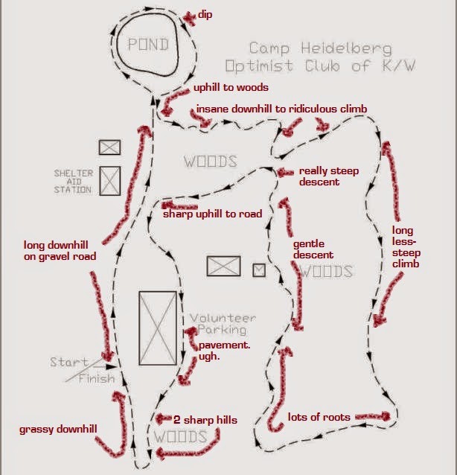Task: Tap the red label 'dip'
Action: pos(205,13)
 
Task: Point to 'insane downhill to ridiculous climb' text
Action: pos(281,109)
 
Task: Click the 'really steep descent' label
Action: pos(328,176)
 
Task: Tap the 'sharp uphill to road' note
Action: pos(212,214)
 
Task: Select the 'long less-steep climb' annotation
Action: pos(406,247)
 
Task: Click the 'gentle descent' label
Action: pos(313,249)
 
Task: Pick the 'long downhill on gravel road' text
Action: pos(60,250)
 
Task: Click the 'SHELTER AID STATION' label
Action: pos(73,181)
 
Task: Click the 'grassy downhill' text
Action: pos(59,430)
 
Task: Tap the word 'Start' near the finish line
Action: pos(68,363)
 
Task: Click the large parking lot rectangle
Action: pos(157,328)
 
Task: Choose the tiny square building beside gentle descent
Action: pos(258,270)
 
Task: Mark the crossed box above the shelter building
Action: pos(109,147)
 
